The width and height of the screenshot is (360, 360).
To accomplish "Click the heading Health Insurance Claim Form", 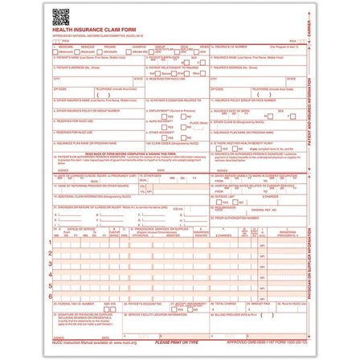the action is pos(84,28).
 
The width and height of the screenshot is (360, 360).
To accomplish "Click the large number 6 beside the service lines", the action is pos(50,296).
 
